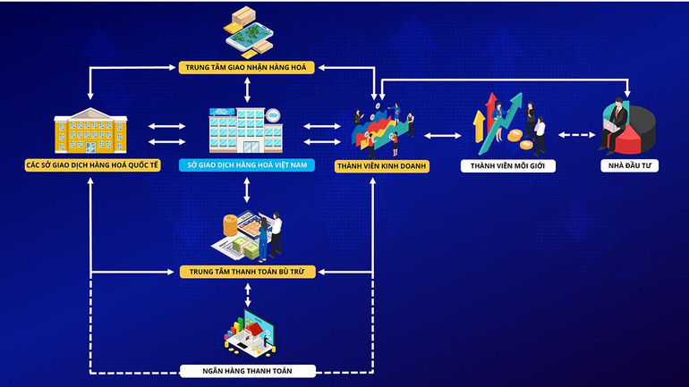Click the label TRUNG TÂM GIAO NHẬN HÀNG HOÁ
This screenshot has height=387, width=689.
click(x=247, y=66)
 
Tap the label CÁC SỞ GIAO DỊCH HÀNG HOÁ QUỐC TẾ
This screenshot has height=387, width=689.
click(x=93, y=166)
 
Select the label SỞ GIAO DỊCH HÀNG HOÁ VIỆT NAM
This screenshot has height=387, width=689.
click(x=247, y=166)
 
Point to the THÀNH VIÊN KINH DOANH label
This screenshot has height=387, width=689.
click(x=382, y=166)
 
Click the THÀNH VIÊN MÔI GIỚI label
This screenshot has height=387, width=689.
click(x=508, y=166)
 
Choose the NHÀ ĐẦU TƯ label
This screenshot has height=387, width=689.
click(x=629, y=166)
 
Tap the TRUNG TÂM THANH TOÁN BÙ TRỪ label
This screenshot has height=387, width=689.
click(x=247, y=271)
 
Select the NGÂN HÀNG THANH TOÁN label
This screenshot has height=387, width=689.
click(x=247, y=370)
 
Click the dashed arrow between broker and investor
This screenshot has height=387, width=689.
click(x=578, y=136)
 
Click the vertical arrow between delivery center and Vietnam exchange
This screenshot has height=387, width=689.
click(x=247, y=90)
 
